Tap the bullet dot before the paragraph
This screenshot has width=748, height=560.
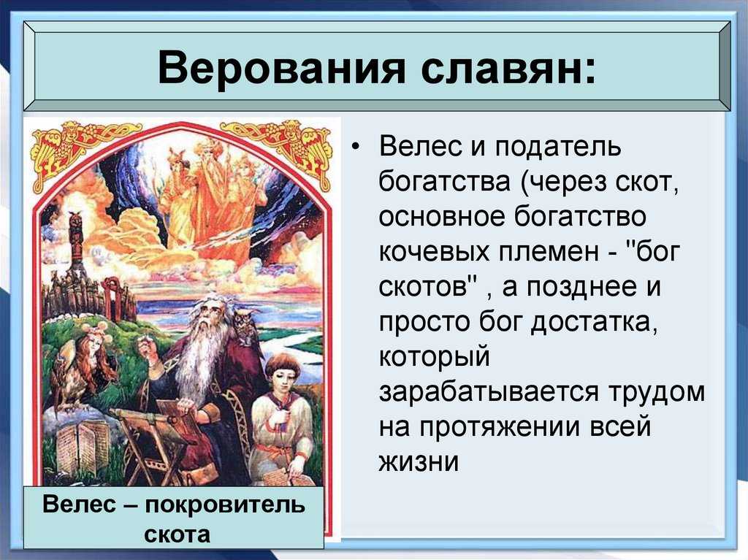[x=354, y=147]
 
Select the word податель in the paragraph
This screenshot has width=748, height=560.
[x=557, y=146]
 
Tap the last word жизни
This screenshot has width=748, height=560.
[x=419, y=461]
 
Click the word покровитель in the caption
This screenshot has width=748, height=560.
[x=225, y=505]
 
